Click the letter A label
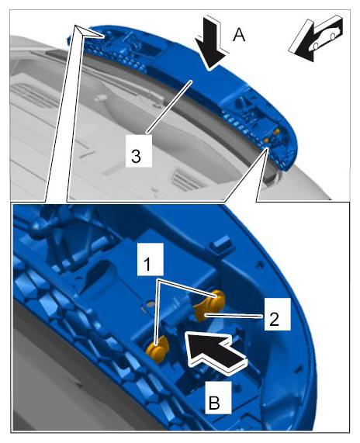pyautogui.click(x=239, y=36)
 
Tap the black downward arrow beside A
pyautogui.click(x=212, y=43)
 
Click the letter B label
pyautogui.click(x=214, y=403)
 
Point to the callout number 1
pyautogui.click(x=147, y=265)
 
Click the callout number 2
pyautogui.click(x=274, y=320)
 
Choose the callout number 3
pyautogui.click(x=136, y=156)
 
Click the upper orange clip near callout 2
pyautogui.click(x=209, y=305)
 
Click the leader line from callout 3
pyautogui.click(x=169, y=107)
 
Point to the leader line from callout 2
pyautogui.click(x=234, y=315)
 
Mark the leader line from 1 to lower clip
pyautogui.click(x=157, y=313)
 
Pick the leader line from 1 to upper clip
pyautogui.click(x=187, y=289)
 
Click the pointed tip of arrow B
pyautogui.click(x=185, y=333)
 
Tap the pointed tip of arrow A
pyautogui.click(x=210, y=69)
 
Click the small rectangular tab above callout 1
pyautogui.click(x=223, y=242)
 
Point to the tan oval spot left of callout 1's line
pyautogui.click(x=151, y=304)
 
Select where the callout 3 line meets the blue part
pyautogui.click(x=192, y=81)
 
